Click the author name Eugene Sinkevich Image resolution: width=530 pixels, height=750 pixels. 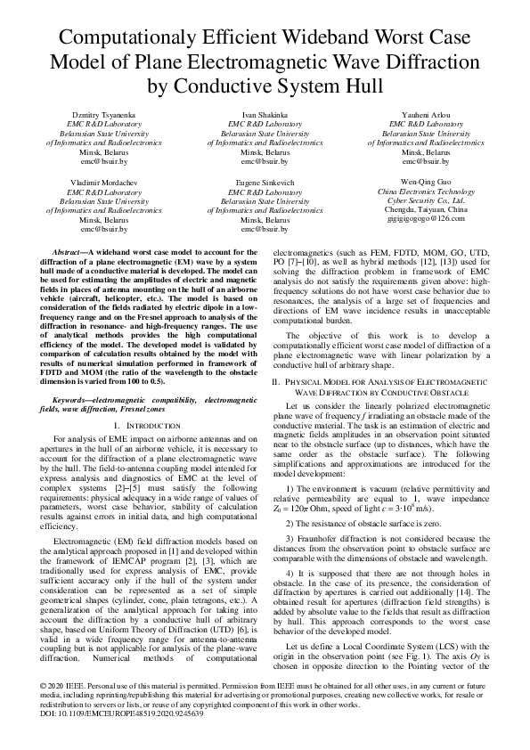pyautogui.click(x=265, y=181)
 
